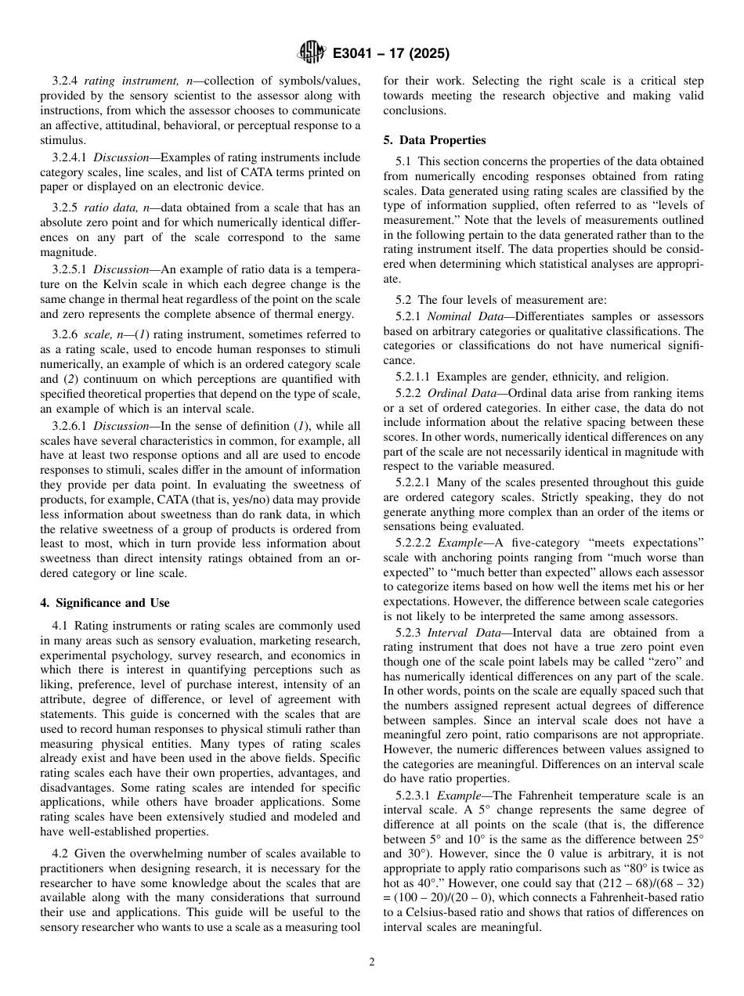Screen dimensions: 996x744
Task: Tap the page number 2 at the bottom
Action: pyautogui.click(x=372, y=962)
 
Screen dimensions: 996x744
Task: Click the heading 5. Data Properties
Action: pyautogui.click(x=434, y=140)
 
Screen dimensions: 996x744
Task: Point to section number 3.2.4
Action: pyautogui.click(x=66, y=81)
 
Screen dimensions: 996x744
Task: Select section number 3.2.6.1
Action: pyautogui.click(x=70, y=425)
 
